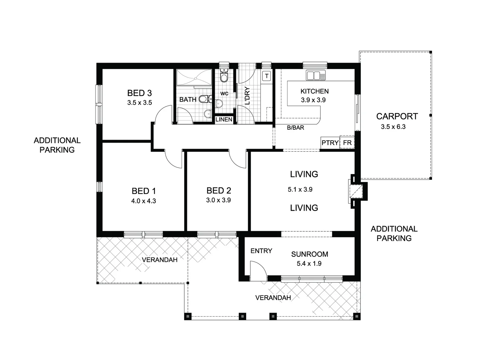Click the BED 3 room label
140,93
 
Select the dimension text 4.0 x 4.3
144,201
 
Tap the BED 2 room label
219,191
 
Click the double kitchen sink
315,76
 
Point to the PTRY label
330,143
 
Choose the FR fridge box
347,143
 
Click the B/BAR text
295,128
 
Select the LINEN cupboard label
224,119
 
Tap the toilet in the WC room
224,77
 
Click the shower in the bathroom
194,78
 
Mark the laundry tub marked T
266,76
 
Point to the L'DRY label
247,96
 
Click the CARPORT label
397,116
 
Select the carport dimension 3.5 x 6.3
393,127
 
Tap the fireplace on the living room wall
357,191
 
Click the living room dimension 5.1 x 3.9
300,189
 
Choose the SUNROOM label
309,254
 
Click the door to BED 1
174,158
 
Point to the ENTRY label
261,251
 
